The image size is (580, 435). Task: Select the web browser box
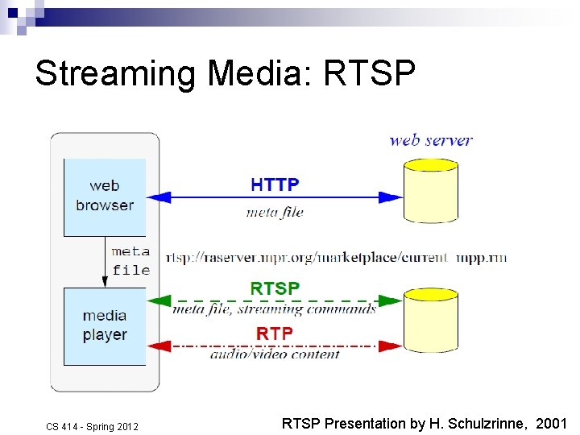105,197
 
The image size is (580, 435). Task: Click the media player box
105,325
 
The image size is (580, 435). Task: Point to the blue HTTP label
275,184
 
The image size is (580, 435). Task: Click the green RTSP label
275,288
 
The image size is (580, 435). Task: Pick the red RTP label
275,333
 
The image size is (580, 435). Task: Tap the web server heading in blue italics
431,140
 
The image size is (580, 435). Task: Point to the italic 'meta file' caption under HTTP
275,213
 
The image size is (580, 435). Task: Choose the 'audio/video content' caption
275,354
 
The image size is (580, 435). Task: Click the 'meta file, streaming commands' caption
275,309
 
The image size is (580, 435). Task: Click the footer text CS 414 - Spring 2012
92,426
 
